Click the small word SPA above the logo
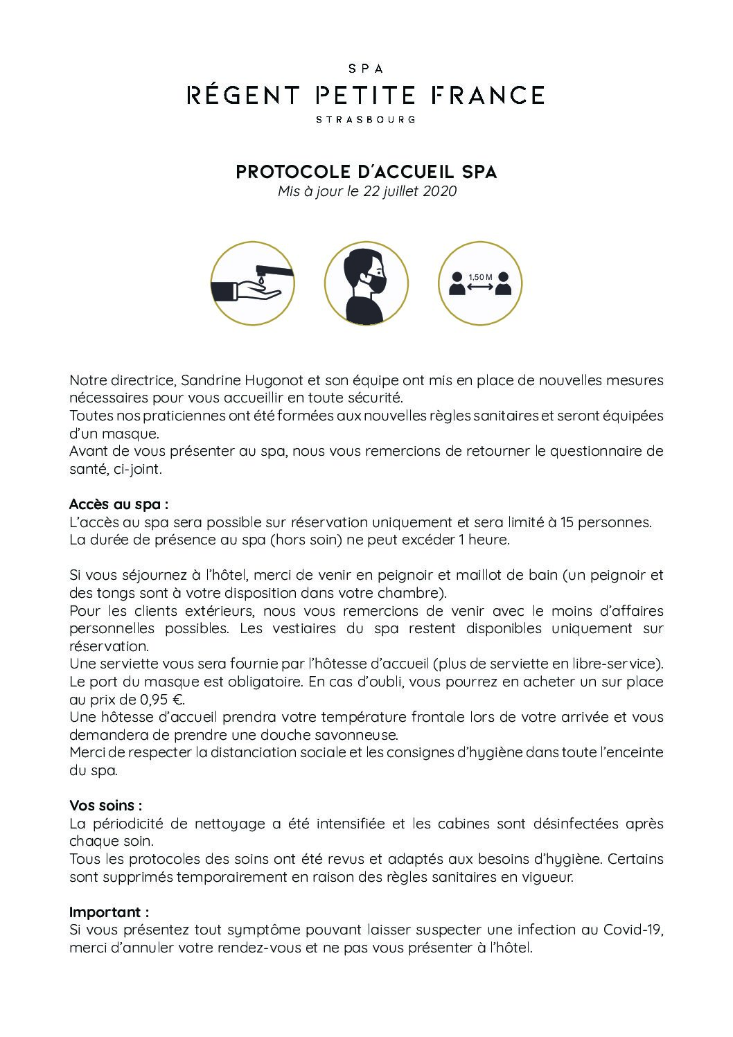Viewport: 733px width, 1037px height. coord(366,69)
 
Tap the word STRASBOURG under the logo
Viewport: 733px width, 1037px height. coord(366,119)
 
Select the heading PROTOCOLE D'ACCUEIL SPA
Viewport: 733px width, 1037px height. coord(366,172)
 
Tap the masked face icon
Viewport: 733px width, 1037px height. coord(366,283)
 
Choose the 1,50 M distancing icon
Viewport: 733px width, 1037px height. coord(480,283)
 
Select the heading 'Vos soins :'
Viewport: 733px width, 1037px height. coord(106,806)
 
